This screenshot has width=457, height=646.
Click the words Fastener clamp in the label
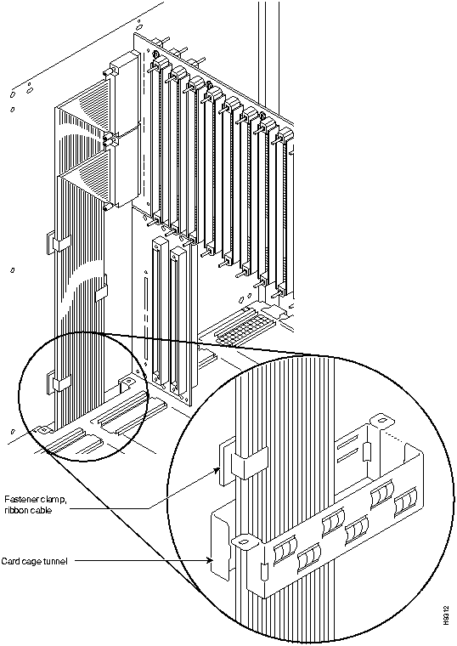click(35, 500)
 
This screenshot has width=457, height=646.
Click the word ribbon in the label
click(14, 511)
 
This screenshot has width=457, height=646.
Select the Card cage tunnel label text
click(34, 561)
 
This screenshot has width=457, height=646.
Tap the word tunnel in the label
click(55, 561)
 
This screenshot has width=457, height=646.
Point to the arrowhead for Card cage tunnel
click(211, 560)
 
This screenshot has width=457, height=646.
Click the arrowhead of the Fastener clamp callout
click(217, 470)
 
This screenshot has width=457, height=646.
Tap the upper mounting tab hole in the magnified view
click(381, 421)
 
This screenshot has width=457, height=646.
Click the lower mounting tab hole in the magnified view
click(242, 540)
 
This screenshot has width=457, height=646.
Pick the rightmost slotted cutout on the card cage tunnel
click(406, 501)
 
